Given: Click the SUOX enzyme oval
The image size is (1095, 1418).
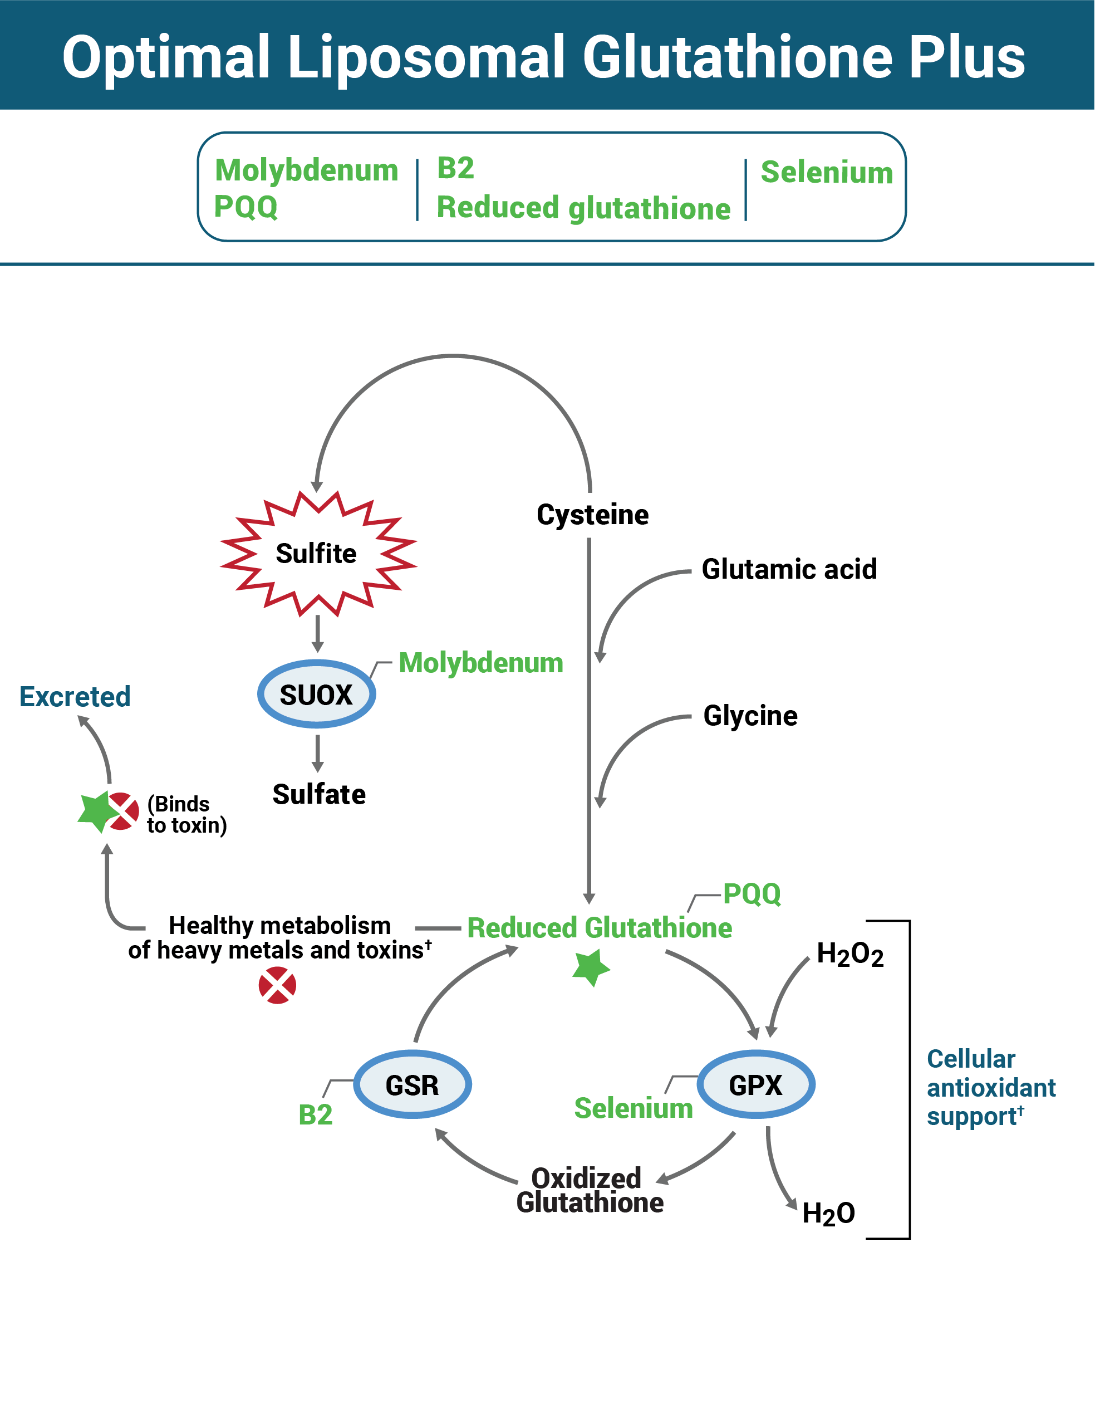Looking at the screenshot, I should pos(316,694).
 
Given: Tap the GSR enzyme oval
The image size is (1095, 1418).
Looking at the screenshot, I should pos(412,1084).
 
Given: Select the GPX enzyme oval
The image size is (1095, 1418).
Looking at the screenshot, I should pos(755,1084).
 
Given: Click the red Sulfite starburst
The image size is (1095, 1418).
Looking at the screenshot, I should pos(317,554).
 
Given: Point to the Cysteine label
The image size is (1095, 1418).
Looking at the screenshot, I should pos(592,514).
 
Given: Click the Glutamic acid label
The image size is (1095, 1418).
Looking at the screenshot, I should pos(789,569).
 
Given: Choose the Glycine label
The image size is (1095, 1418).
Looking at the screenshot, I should pos(750,716).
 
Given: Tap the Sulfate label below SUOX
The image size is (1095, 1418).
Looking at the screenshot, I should pos(318,794).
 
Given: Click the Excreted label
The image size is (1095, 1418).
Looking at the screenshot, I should pos(75,697).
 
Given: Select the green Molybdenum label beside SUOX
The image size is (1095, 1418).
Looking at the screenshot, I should pos(480,663).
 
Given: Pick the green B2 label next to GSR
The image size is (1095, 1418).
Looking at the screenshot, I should pos(316,1115).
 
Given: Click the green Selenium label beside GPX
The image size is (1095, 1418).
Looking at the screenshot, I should pos(634,1108).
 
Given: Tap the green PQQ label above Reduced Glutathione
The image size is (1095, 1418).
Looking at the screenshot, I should pos(752,893).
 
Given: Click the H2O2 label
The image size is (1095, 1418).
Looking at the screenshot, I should pos(850,955).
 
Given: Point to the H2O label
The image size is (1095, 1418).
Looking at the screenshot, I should pos(828,1213).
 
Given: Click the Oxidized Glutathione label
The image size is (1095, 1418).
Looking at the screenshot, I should pos(590,1190).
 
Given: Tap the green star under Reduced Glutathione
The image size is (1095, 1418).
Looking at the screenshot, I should pos(591,967).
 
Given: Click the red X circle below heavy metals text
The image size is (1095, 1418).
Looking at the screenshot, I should pos(277,985).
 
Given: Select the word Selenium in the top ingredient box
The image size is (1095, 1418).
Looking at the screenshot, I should pos(826,172).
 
